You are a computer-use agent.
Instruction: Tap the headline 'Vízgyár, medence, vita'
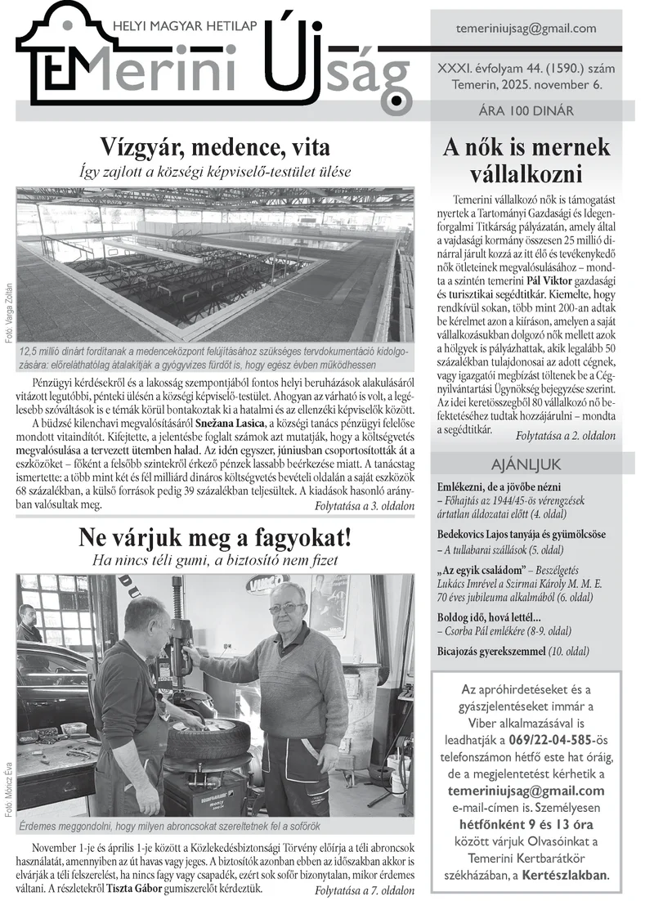(x=215, y=147)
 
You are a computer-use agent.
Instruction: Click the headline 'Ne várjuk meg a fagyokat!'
(x=215, y=537)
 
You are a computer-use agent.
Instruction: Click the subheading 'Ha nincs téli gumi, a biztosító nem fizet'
(x=215, y=561)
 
